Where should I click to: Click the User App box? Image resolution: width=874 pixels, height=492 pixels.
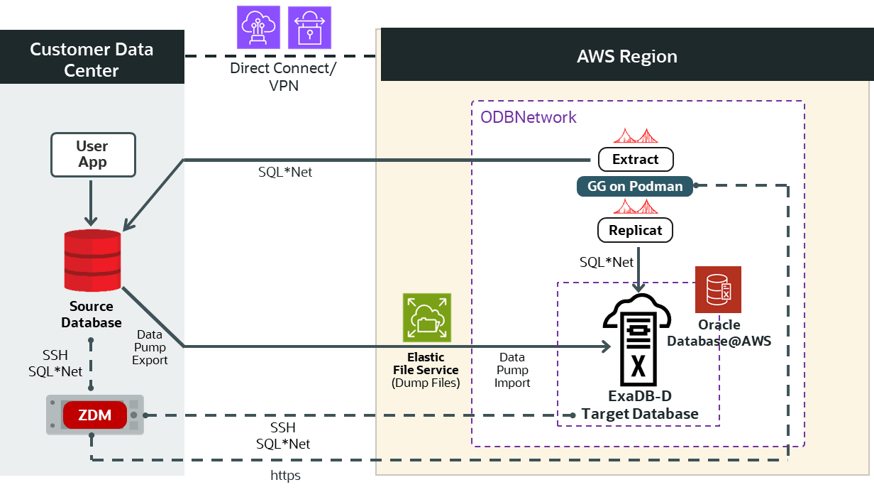click(x=92, y=154)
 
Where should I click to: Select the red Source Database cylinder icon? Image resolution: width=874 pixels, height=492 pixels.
click(x=92, y=261)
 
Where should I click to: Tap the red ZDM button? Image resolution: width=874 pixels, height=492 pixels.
click(x=95, y=415)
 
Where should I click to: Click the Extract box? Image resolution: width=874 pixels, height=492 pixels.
click(x=636, y=159)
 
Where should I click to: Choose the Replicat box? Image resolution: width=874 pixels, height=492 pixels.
click(x=636, y=230)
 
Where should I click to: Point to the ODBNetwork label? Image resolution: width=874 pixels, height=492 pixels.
click(x=529, y=117)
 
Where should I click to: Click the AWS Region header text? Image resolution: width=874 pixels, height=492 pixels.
click(x=626, y=56)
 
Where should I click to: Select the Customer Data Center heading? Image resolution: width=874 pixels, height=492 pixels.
click(x=92, y=60)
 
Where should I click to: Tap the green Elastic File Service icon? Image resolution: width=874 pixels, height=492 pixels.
click(x=426, y=317)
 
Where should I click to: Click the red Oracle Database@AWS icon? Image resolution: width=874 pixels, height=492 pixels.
click(x=718, y=290)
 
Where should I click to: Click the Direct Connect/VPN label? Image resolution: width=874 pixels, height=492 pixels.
click(x=283, y=77)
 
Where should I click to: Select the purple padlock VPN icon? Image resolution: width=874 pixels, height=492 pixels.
click(x=309, y=27)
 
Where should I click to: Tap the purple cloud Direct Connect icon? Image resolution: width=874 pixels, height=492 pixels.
click(x=258, y=27)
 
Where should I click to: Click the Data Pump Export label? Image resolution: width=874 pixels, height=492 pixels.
click(x=150, y=347)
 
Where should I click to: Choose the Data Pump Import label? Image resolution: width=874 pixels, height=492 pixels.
click(x=512, y=370)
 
